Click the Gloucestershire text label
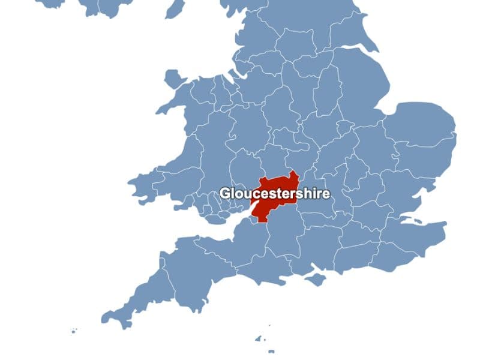[274, 194]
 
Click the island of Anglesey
[174, 79]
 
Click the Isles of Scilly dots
[73, 331]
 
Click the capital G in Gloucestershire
[225, 194]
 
